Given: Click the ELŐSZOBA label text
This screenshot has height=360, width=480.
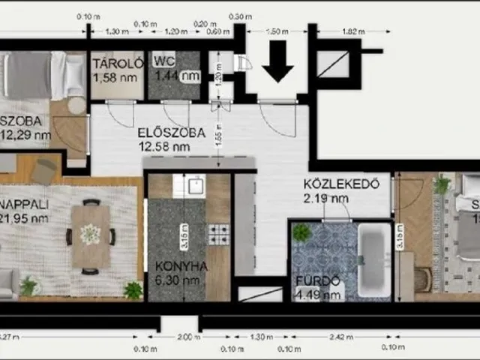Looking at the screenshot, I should coord(171,133).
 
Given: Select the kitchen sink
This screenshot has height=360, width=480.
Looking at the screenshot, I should coord(196,185).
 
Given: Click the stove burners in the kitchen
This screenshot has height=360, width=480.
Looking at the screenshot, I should coord(218,234).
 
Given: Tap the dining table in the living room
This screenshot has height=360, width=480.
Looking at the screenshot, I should coord(91,235).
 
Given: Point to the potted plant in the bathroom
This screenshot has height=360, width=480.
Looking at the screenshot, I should coord(301,233).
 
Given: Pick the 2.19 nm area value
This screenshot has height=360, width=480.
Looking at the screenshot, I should coord(326,198).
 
